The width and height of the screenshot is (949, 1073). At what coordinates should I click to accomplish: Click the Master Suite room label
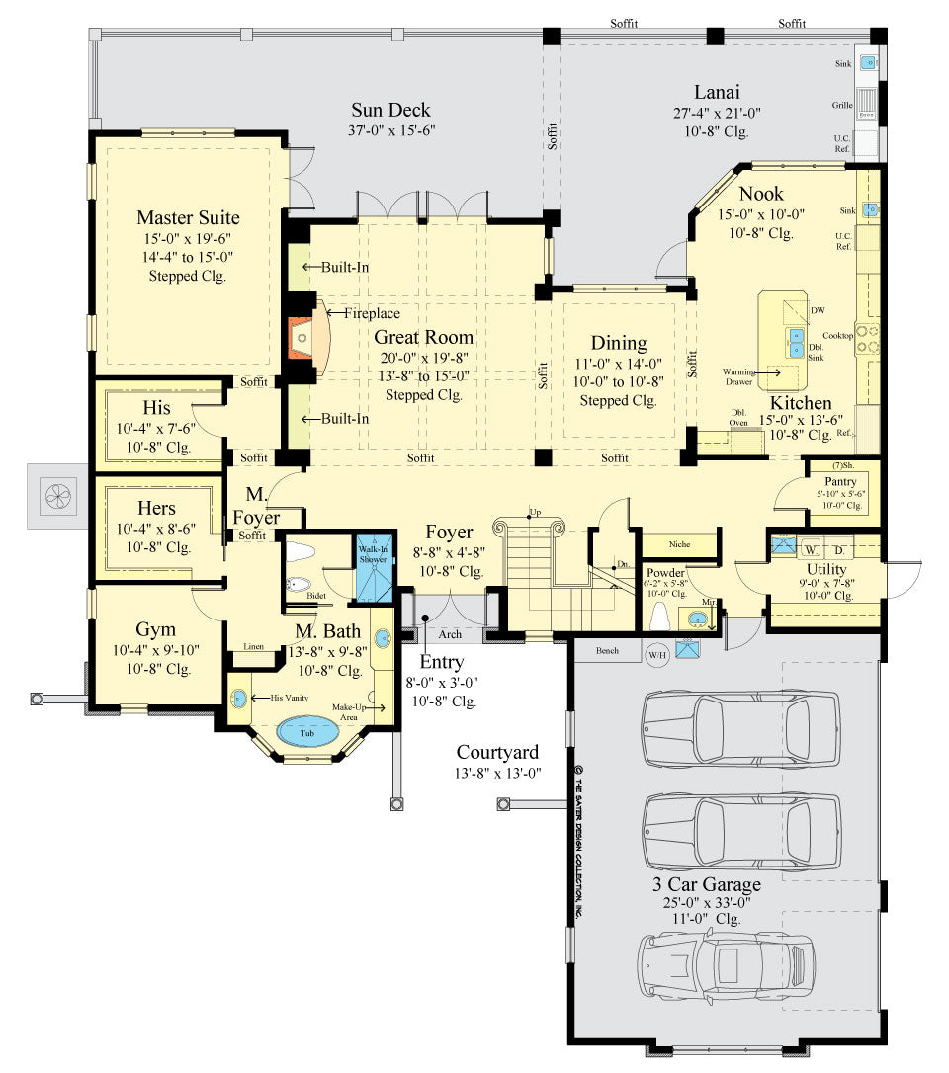pos(188,217)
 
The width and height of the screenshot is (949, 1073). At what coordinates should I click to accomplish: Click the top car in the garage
pos(740,729)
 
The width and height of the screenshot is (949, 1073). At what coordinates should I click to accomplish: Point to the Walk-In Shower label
pos(374,554)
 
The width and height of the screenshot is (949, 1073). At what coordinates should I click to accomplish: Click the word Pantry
pos(840,481)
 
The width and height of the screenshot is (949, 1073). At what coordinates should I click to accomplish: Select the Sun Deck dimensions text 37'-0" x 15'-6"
pos(391,130)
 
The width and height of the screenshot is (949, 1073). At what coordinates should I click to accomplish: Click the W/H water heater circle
pos(657,653)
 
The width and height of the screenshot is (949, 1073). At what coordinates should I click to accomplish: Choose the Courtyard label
pos(498,753)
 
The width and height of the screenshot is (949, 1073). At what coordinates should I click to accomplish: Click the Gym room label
pos(154,629)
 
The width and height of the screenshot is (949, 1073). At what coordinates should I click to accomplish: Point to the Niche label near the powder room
pos(679,544)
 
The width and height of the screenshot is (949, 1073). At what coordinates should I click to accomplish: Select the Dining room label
pos(619,343)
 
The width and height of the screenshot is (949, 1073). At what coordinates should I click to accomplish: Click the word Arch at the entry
pos(450,634)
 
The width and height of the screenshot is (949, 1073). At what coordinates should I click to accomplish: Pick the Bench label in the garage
pos(606,651)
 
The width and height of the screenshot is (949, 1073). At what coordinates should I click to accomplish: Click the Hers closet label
pos(155,509)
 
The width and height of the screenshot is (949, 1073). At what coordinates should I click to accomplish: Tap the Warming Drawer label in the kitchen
pos(736,375)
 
